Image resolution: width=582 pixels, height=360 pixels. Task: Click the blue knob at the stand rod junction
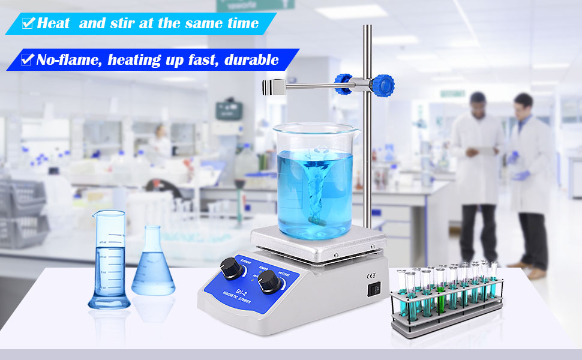point(382,85)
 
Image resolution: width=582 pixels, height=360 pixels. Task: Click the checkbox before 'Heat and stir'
point(28,23)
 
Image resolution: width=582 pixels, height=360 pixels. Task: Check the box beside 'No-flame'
point(26,60)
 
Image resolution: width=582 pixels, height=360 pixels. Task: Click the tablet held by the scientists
point(485,140)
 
